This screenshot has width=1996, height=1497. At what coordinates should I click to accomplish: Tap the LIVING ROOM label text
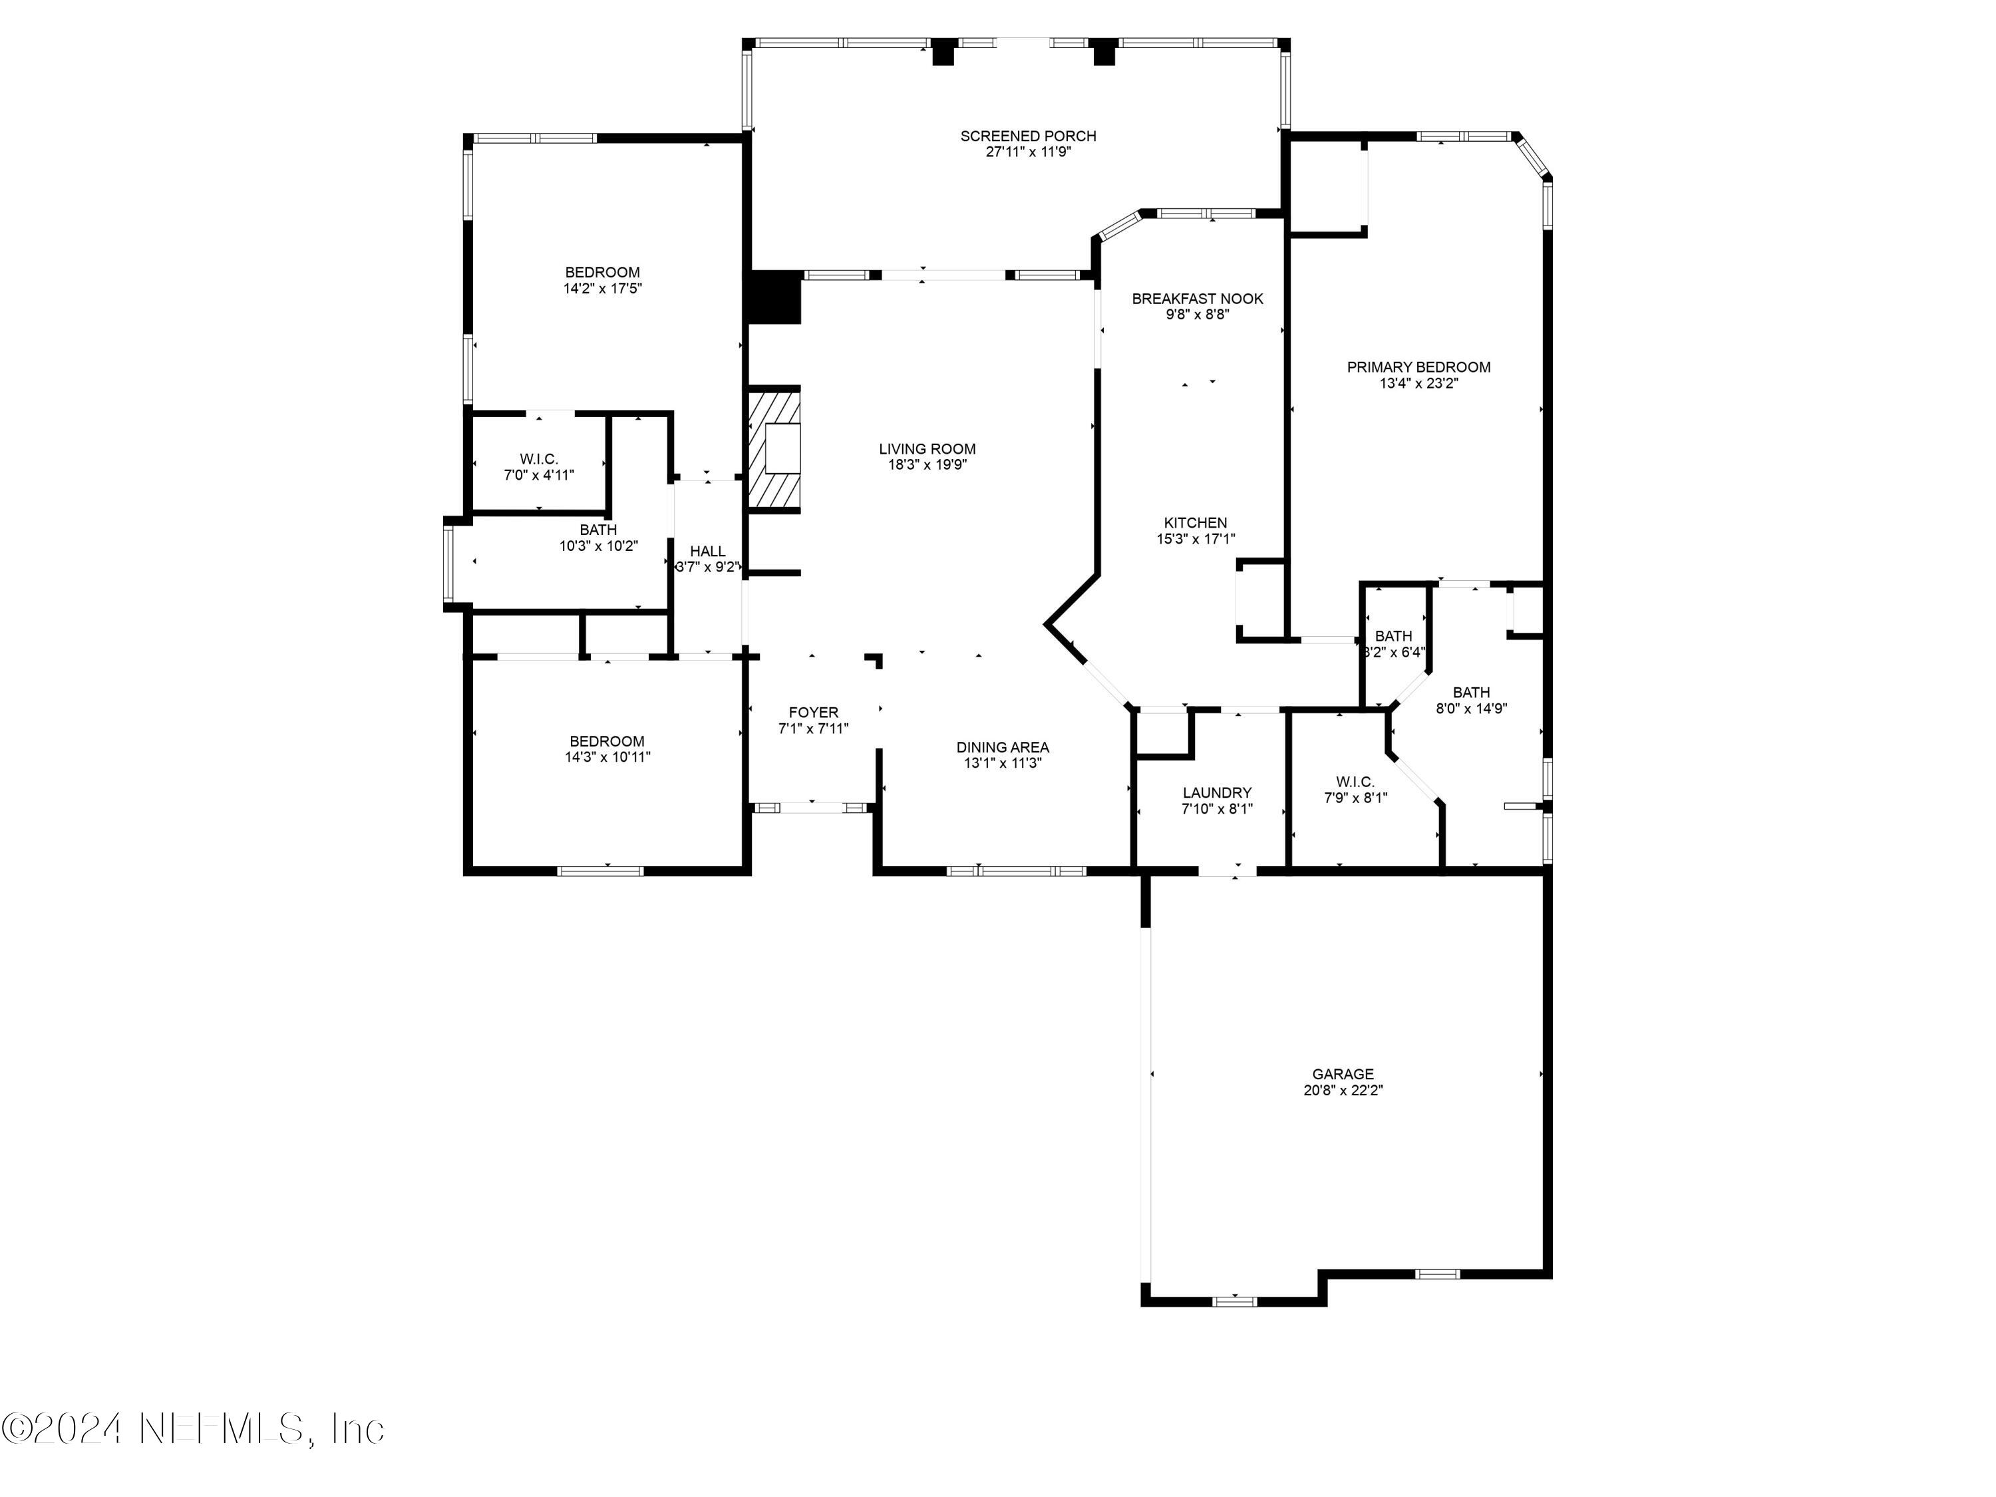[x=927, y=448]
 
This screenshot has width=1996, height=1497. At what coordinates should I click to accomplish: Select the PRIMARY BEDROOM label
[x=1418, y=367]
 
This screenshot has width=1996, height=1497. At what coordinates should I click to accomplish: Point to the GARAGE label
[x=1343, y=1074]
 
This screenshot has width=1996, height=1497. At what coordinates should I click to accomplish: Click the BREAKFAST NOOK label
[x=1198, y=299]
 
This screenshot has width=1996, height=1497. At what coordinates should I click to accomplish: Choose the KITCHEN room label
[x=1196, y=522]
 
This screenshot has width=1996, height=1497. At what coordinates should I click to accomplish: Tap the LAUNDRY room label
[x=1218, y=793]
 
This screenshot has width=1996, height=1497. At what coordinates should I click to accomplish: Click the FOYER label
[x=813, y=713]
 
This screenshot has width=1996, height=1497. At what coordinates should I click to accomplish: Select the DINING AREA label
[x=1003, y=747]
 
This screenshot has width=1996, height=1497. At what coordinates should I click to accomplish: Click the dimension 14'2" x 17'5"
[x=603, y=289]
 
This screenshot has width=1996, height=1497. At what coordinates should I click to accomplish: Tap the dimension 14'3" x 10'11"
[x=607, y=757]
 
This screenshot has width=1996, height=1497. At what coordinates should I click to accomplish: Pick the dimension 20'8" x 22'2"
[x=1343, y=1090]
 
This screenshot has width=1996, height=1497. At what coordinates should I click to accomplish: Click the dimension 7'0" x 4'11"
[x=539, y=474]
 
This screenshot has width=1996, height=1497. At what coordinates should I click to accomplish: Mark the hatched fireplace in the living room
[x=773, y=450]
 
